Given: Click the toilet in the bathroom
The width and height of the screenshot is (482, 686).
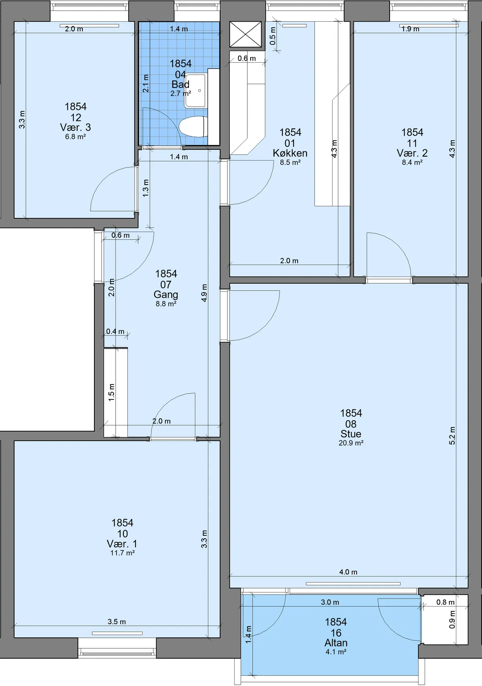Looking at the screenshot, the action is point(192,126).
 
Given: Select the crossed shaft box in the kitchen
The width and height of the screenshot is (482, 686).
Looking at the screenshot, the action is point(245,34).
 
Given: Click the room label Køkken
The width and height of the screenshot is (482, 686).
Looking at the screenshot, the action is point(290,153).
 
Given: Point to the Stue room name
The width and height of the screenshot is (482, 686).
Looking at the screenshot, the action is point(351,434).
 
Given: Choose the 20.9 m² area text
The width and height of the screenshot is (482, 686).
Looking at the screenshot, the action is point(351,443).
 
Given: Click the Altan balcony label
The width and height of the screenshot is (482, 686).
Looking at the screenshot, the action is point(336,643).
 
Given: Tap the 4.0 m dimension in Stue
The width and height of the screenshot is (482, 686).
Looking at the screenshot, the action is point(348,572).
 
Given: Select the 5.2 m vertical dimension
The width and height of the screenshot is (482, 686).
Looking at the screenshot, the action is point(452,436).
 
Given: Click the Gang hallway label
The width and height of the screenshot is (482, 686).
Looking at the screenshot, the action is point(165,295).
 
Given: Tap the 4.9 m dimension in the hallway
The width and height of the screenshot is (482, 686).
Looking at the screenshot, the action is point(204,293).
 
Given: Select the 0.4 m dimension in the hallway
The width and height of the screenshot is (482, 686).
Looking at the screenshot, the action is point(115,332).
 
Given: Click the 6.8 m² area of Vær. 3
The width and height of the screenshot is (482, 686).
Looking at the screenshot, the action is point(76,136).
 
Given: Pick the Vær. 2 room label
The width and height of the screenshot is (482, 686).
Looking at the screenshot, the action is point(412,153).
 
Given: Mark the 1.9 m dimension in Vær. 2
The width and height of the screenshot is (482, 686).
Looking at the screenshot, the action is point(410,29).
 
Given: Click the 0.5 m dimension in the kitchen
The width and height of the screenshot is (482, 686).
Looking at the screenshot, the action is point(273,36).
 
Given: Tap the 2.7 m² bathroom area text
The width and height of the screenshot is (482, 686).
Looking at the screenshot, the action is point(181,94).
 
